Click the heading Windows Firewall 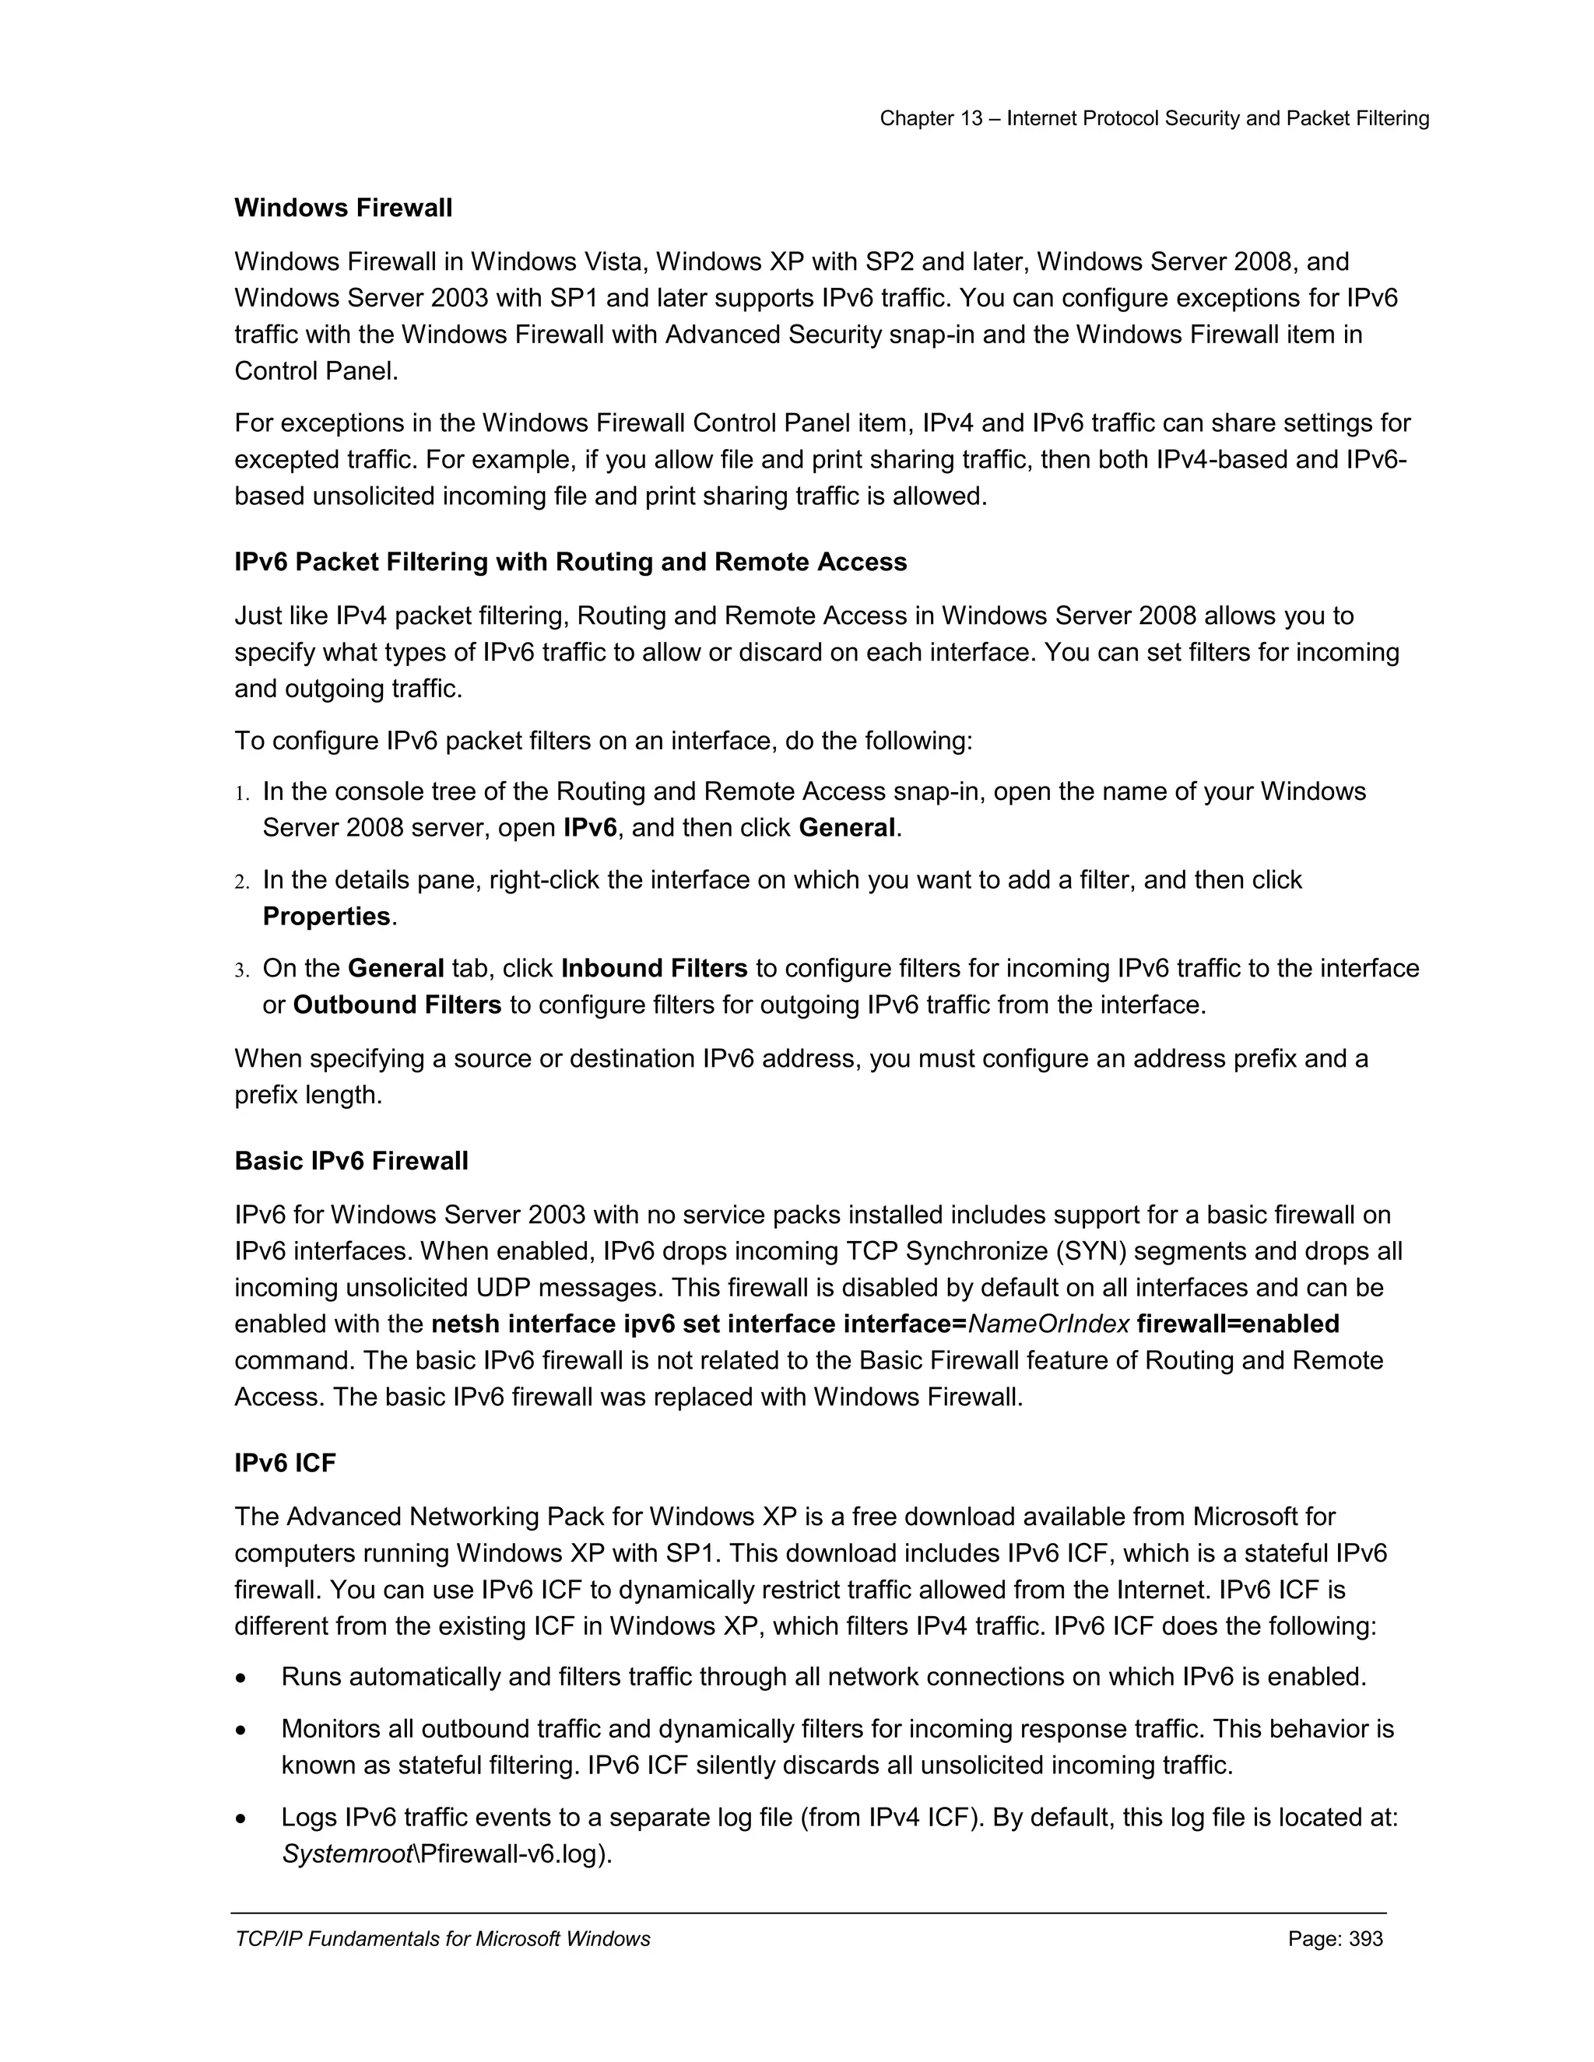tap(342, 208)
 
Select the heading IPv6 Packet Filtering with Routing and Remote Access tap(571, 562)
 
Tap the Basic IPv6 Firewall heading tap(351, 1160)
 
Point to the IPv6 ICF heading tap(285, 1463)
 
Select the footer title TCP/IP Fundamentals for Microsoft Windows tap(442, 1938)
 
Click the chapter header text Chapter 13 tap(931, 118)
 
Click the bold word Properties tap(327, 916)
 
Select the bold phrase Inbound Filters tap(654, 968)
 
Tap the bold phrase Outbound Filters tap(397, 1005)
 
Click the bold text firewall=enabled tap(1238, 1324)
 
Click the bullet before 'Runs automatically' tap(243, 1678)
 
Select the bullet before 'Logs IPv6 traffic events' tap(243, 1818)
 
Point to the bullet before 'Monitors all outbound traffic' tap(243, 1731)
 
